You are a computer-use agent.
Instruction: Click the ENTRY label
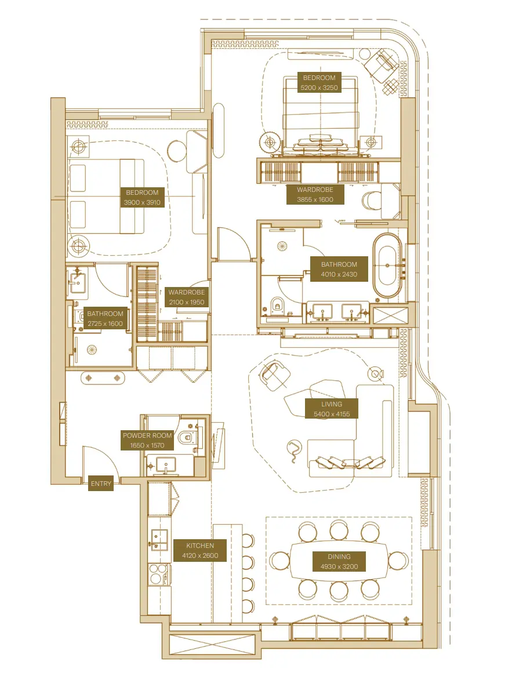101,484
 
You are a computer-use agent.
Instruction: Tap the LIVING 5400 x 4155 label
332,409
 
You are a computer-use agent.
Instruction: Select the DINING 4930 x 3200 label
339,561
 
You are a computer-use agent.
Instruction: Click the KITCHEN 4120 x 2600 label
200,550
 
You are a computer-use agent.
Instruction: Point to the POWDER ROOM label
147,440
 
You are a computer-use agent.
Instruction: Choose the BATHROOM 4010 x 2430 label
339,269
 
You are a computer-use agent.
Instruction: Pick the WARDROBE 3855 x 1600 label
315,194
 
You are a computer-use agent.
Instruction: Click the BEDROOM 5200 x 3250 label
319,82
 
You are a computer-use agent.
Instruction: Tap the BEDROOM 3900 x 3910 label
142,197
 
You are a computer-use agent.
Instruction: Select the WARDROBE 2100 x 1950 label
186,297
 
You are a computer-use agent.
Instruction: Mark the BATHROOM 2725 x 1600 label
105,318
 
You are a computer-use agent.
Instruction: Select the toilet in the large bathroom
277,304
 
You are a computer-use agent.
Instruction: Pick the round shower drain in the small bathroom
91,349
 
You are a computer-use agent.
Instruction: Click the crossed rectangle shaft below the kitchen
212,645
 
